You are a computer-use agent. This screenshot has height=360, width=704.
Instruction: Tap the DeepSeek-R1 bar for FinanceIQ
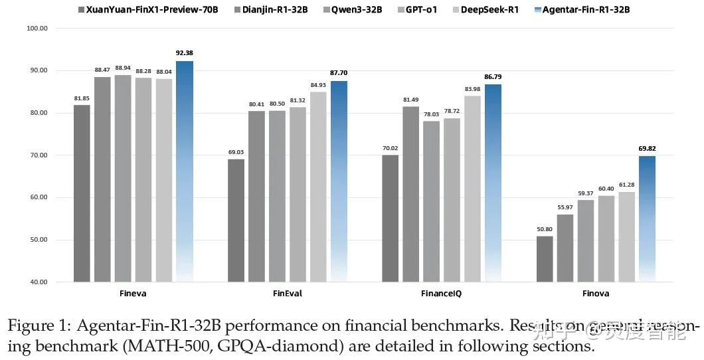pyautogui.click(x=472, y=189)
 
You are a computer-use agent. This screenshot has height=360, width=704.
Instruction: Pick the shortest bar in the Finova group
pyautogui.click(x=544, y=259)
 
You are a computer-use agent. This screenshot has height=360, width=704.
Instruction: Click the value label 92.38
pyautogui.click(x=184, y=53)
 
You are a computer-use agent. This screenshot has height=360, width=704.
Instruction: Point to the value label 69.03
pyautogui.click(x=236, y=151)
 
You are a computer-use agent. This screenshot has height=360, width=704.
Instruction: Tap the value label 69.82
pyautogui.click(x=647, y=148)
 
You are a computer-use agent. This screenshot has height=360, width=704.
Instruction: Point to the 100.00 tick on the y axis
pyautogui.click(x=37, y=29)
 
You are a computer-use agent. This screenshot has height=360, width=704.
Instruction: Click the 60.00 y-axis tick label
pyautogui.click(x=37, y=197)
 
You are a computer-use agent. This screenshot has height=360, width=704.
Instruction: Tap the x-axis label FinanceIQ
pyautogui.click(x=441, y=293)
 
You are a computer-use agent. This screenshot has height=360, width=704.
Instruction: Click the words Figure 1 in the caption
pyautogui.click(x=38, y=326)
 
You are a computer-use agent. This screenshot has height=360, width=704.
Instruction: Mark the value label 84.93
pyautogui.click(x=318, y=84)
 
